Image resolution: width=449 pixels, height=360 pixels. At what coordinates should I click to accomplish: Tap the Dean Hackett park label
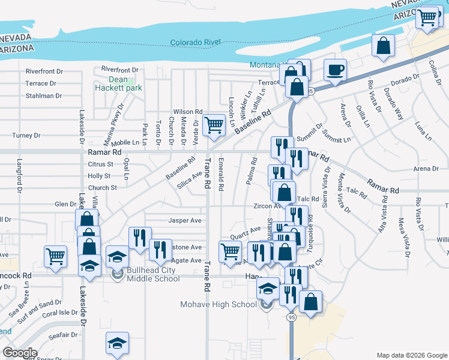click(118, 83)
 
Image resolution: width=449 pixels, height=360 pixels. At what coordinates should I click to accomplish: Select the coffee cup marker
click(336, 70)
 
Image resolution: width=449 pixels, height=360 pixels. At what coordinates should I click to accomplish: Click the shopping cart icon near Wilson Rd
click(213, 124)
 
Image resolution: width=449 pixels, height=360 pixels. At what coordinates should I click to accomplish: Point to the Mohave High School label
click(218, 304)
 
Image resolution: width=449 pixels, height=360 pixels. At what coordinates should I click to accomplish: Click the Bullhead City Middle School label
click(153, 274)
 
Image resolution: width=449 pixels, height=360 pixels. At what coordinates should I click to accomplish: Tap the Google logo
click(20, 353)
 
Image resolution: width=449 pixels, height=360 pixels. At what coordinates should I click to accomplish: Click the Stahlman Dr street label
click(44, 95)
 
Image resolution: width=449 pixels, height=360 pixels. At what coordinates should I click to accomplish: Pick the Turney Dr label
click(25, 136)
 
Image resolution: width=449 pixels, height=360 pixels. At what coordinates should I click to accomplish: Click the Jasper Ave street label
click(184, 220)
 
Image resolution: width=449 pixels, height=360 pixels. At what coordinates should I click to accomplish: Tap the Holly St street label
click(99, 176)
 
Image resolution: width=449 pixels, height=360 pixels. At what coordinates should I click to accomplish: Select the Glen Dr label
click(65, 204)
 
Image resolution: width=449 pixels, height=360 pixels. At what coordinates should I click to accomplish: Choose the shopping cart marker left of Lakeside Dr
click(55, 256)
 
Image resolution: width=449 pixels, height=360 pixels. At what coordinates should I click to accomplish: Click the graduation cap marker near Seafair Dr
click(117, 343)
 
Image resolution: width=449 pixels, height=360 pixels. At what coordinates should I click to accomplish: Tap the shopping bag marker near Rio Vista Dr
click(383, 46)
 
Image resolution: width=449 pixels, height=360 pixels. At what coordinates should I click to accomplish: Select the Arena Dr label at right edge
click(426, 169)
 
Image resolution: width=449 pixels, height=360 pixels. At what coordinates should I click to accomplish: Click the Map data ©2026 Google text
click(411, 355)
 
